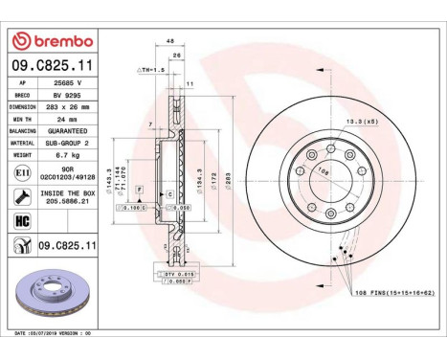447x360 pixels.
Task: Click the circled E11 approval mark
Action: tap(22, 173)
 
